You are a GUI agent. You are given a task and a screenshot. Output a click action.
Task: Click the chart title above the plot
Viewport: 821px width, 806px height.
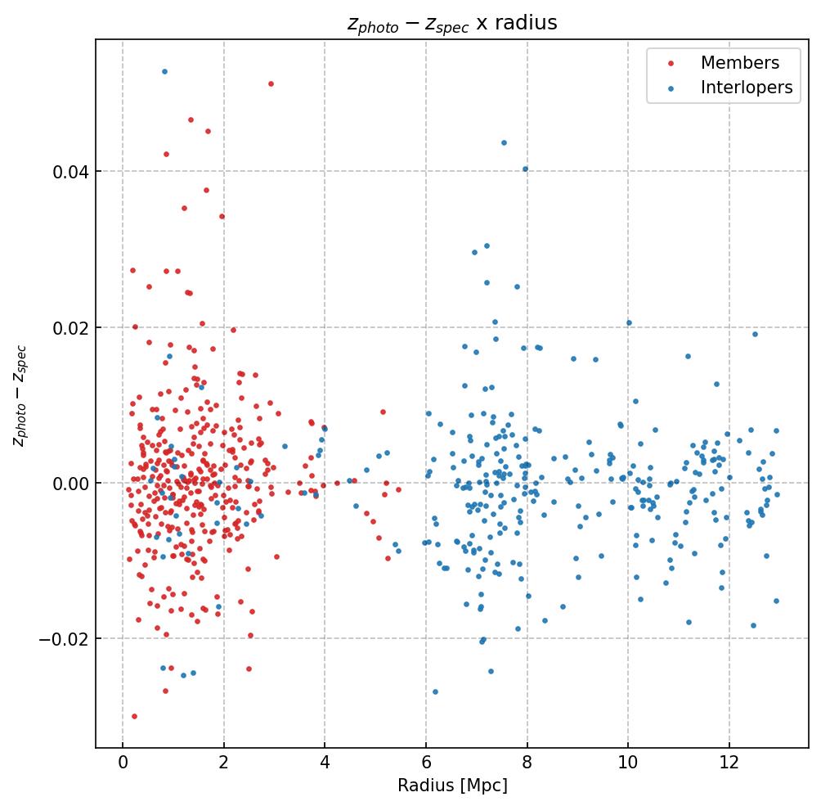(452, 24)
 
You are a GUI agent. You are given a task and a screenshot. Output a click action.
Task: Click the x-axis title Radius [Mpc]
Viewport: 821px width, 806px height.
(452, 786)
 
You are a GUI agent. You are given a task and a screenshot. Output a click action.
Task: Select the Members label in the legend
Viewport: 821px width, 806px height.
(739, 63)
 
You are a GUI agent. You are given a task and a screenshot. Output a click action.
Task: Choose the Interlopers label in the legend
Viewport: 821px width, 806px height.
(746, 88)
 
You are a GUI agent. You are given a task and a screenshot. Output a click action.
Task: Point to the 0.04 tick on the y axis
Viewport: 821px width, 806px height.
(71, 172)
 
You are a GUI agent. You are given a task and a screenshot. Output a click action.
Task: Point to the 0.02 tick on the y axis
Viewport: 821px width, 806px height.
(71, 327)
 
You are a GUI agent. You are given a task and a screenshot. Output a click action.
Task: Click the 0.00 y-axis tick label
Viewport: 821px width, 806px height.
(71, 484)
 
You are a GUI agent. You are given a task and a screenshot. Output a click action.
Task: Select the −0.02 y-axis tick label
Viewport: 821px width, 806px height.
(67, 639)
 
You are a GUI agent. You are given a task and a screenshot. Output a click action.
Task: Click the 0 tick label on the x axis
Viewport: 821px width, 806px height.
(123, 763)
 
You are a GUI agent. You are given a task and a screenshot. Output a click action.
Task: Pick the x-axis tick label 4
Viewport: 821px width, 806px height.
(325, 763)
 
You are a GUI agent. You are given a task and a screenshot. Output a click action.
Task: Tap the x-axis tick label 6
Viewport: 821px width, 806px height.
(426, 763)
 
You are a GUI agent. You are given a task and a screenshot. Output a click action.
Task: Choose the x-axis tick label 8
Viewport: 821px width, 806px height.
(527, 763)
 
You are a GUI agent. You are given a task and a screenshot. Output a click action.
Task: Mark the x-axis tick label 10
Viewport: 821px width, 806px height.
(628, 763)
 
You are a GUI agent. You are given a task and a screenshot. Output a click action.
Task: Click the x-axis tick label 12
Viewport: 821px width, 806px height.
(729, 763)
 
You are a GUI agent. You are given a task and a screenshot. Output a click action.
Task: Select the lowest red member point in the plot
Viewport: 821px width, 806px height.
(134, 716)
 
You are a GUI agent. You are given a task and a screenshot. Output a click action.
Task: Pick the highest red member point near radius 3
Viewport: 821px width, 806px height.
(271, 83)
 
